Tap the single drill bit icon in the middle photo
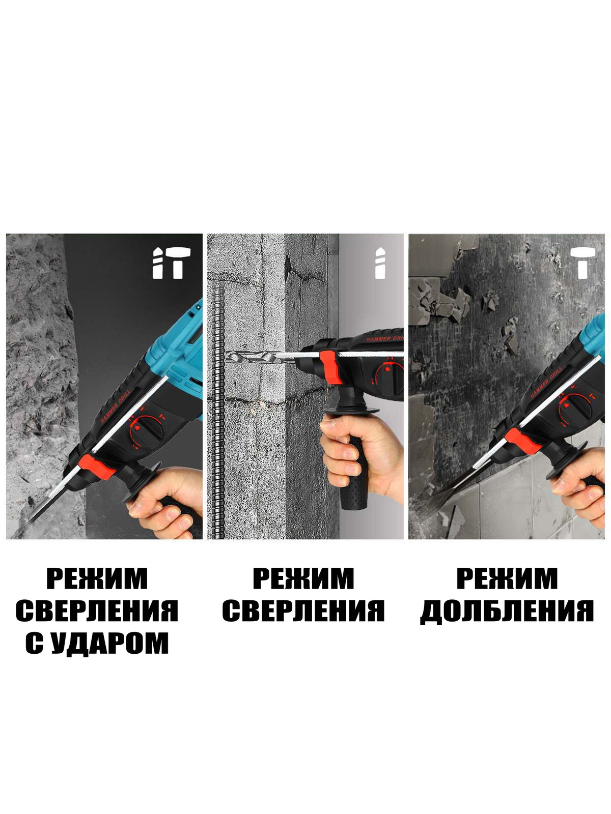coord(380,263)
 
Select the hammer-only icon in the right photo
coord(583,263)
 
